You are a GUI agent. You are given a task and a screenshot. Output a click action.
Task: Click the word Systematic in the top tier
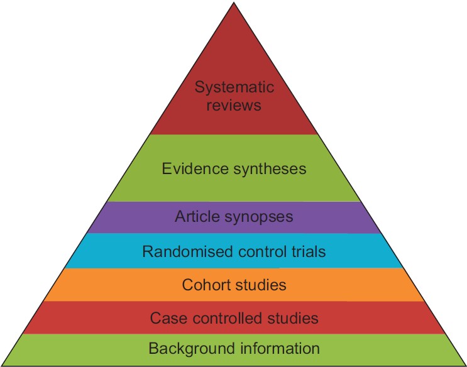tap(234, 87)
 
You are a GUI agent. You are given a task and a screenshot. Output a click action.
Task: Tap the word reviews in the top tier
tap(234, 104)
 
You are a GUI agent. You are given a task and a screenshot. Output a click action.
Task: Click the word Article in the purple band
tap(194, 217)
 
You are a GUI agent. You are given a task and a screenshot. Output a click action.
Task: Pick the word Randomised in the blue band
tap(179, 252)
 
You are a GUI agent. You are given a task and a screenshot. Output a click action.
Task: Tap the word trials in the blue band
tap(305, 252)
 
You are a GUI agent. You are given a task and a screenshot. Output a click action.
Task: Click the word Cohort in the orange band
tap(204, 285)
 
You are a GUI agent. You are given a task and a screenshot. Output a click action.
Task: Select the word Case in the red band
tap(165, 318)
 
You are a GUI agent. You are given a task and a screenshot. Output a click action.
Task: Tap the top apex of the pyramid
tap(234, 4)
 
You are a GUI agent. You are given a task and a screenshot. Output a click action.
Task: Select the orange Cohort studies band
tap(352, 285)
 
